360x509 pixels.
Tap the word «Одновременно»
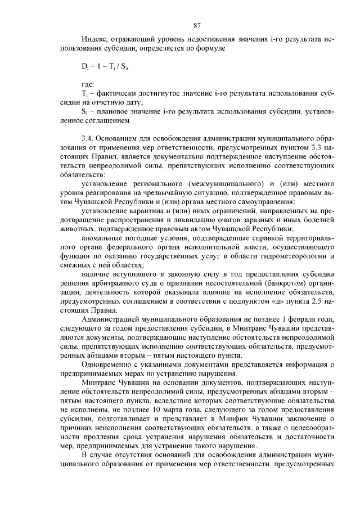pyautogui.click(x=109, y=364)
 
